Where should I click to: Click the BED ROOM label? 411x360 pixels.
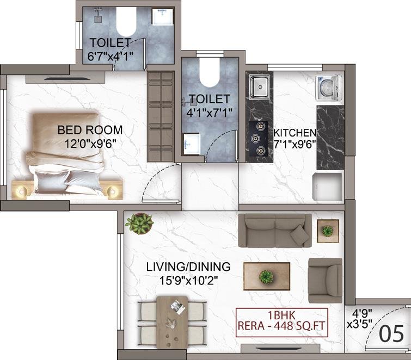(x=90, y=130)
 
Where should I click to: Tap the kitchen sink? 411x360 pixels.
(x=260, y=87)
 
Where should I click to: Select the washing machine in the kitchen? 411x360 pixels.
(x=329, y=88)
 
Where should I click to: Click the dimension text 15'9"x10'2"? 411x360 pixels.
(x=189, y=281)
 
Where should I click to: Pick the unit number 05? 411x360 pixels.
(x=391, y=333)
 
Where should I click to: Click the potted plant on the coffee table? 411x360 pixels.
(x=266, y=277)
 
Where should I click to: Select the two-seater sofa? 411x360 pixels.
(x=275, y=231)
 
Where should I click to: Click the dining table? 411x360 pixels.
(x=172, y=322)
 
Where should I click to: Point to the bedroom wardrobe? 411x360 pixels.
(x=161, y=117)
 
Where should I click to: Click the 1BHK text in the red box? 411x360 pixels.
(x=282, y=315)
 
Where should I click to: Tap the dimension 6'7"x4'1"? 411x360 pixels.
(x=111, y=57)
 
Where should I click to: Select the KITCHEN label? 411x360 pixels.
(x=295, y=133)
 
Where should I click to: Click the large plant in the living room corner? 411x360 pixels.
(x=139, y=224)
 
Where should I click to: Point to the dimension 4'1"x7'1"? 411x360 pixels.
(x=209, y=113)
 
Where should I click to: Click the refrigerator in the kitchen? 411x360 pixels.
(x=328, y=186)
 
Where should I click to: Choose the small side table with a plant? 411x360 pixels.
(x=328, y=231)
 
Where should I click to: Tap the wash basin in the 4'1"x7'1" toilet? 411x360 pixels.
(x=192, y=144)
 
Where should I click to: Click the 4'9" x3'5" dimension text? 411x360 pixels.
(x=360, y=319)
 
